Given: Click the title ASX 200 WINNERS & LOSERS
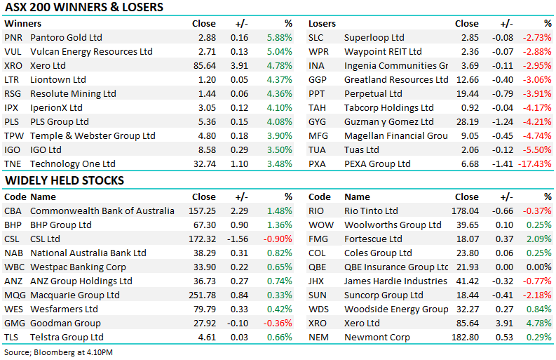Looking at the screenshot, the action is pos(83,7).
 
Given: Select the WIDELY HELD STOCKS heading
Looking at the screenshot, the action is pos(65,180).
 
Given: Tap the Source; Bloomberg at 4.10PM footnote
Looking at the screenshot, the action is pos(58,352).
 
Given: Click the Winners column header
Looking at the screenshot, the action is pos(22,23).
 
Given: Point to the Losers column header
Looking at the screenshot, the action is pos(322,23).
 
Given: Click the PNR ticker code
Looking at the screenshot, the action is pos(13,37).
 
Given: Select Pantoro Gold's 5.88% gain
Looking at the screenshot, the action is pos(280,37).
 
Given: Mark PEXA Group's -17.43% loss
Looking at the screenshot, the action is pos(535,164).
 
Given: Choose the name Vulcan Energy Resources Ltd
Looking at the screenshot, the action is pos(91,51).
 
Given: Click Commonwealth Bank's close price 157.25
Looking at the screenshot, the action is pos(202,211).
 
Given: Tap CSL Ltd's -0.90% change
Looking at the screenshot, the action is pos(278,239).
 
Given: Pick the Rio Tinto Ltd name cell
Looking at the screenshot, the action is pos(371,211).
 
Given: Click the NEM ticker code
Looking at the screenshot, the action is pos(318,338).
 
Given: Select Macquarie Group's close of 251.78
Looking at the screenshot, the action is pos(202,295).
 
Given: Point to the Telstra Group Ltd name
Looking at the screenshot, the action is pos(67,338).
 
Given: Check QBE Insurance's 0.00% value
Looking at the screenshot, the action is pos(539,267).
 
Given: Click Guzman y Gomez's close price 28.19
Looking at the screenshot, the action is pos(468,122).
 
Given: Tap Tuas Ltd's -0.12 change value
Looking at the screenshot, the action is pos(503,149).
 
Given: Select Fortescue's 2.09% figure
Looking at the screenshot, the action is pos(539,239).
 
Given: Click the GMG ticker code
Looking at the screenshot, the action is pos(15,323).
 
